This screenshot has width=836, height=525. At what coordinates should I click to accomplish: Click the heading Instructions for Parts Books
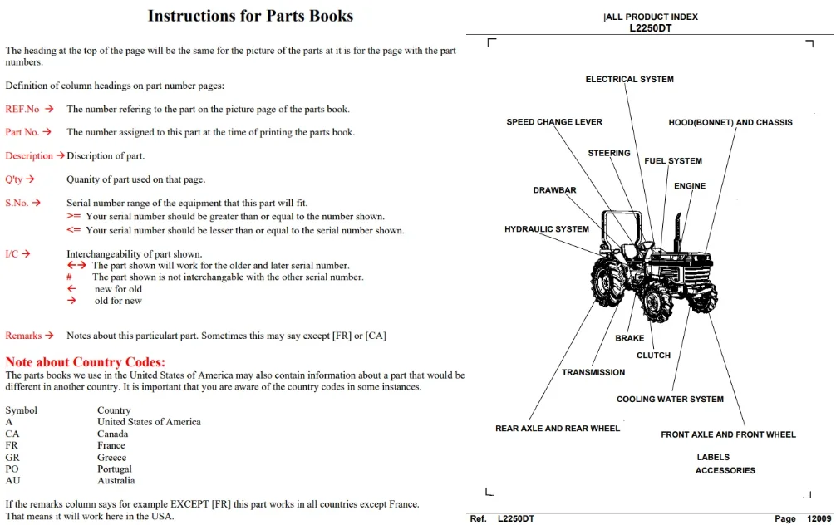coord(250,16)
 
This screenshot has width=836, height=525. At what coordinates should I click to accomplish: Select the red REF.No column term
coord(22,110)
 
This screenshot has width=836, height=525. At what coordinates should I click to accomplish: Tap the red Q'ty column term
coord(14,179)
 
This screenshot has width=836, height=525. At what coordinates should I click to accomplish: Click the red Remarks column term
coord(23,336)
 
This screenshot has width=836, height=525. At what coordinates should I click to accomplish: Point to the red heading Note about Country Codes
coord(86,362)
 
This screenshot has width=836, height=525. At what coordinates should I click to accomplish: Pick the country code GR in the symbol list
coord(12,458)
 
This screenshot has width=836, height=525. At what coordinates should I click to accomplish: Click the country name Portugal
coord(114,469)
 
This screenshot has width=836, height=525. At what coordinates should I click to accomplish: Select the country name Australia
coord(116,481)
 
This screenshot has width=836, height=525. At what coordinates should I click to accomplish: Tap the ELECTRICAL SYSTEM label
coord(630,80)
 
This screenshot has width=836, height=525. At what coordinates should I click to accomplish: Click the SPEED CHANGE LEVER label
coord(554,122)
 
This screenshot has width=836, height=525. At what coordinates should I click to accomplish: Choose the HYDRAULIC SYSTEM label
coord(547,229)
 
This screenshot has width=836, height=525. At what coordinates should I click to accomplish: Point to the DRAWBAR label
coord(554,190)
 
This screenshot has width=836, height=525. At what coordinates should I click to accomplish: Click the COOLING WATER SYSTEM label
coord(670,400)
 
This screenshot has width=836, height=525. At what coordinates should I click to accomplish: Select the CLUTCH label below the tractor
coord(654,356)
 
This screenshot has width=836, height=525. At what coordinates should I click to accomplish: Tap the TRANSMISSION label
coord(593,372)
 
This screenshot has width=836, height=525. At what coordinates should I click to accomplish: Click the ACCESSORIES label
coord(725,471)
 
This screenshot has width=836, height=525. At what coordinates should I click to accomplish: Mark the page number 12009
coord(819,518)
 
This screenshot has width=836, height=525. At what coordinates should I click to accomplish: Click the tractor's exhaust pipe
coord(678,232)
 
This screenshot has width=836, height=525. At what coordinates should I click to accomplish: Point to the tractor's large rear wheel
coord(607,282)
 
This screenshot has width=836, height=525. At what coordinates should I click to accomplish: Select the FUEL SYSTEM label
coord(673,161)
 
